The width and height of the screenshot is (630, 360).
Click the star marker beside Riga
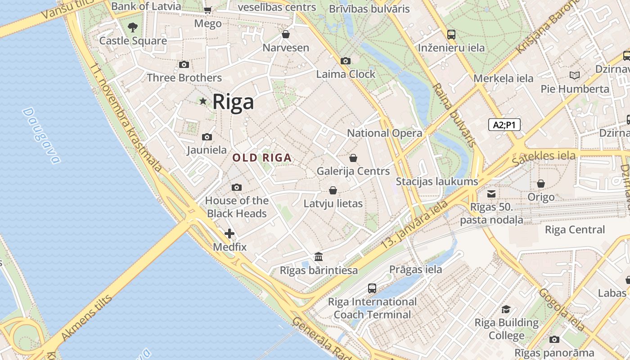(203, 101)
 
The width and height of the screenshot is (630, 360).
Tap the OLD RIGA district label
(262, 158)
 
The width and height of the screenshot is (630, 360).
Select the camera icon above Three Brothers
(184, 64)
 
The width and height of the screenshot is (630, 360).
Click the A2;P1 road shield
(504, 125)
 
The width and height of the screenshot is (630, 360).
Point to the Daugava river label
(41, 135)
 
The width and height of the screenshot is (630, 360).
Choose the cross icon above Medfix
(229, 234)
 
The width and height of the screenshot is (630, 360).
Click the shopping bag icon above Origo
(541, 184)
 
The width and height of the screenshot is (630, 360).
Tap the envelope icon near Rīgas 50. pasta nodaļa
(491, 194)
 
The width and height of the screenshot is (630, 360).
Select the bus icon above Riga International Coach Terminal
(372, 288)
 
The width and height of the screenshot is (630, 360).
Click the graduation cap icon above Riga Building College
(506, 310)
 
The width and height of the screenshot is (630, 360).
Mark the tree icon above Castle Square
(132, 27)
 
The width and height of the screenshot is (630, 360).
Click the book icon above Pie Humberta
(575, 75)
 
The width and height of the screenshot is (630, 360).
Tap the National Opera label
(384, 133)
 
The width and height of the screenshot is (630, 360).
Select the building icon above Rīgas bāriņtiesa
(319, 257)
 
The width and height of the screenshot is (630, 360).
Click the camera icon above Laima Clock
(345, 61)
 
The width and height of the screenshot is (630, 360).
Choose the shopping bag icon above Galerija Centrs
(353, 158)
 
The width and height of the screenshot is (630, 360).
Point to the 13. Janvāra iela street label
(414, 224)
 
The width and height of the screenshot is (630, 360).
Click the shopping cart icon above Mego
(207, 10)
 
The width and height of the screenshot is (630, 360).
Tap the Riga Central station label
(575, 230)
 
